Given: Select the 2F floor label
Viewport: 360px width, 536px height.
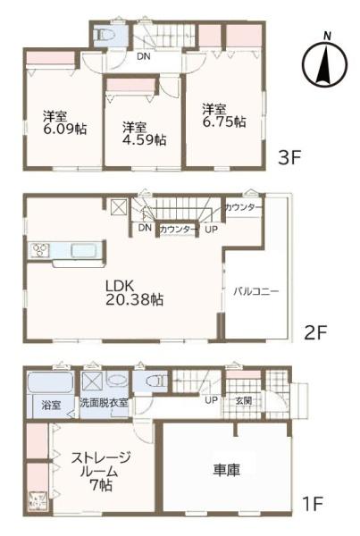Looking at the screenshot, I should click(315, 333).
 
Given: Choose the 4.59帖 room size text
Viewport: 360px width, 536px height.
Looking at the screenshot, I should click(144, 139).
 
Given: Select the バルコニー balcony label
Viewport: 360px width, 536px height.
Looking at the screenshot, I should click(257, 291).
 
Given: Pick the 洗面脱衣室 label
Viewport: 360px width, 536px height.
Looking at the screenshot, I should click(105, 403).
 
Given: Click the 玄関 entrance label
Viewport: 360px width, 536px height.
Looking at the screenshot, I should click(242, 399).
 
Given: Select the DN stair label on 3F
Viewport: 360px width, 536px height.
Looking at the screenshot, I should click(144, 57).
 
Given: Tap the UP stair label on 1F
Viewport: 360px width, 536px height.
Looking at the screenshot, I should click(211, 399).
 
